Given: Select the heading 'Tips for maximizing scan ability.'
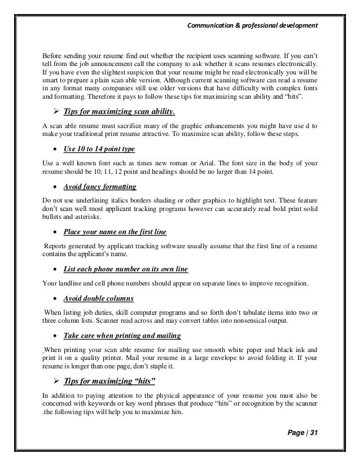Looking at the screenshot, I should (x=119, y=111).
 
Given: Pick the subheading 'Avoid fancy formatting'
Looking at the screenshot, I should (x=100, y=186).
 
